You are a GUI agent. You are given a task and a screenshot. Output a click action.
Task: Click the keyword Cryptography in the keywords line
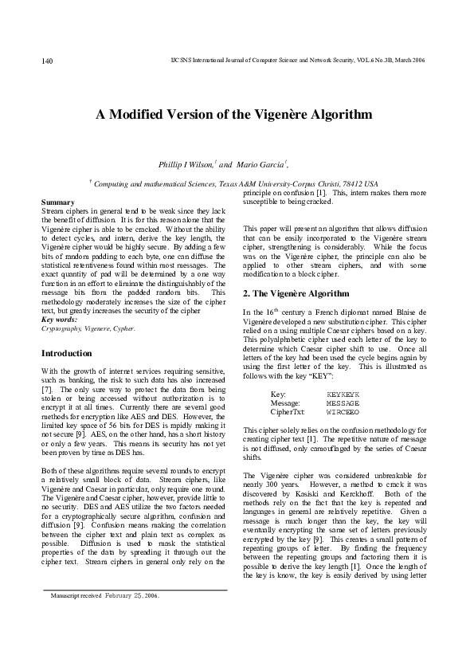pos(63,328)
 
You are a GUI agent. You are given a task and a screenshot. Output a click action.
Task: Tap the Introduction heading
pos(66,353)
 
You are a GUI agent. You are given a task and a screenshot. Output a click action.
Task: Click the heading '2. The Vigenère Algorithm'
pos(296,294)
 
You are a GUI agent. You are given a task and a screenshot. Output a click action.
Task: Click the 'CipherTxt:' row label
pos(288,412)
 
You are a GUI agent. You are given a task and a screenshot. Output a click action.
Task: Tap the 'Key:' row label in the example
pos(278,394)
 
